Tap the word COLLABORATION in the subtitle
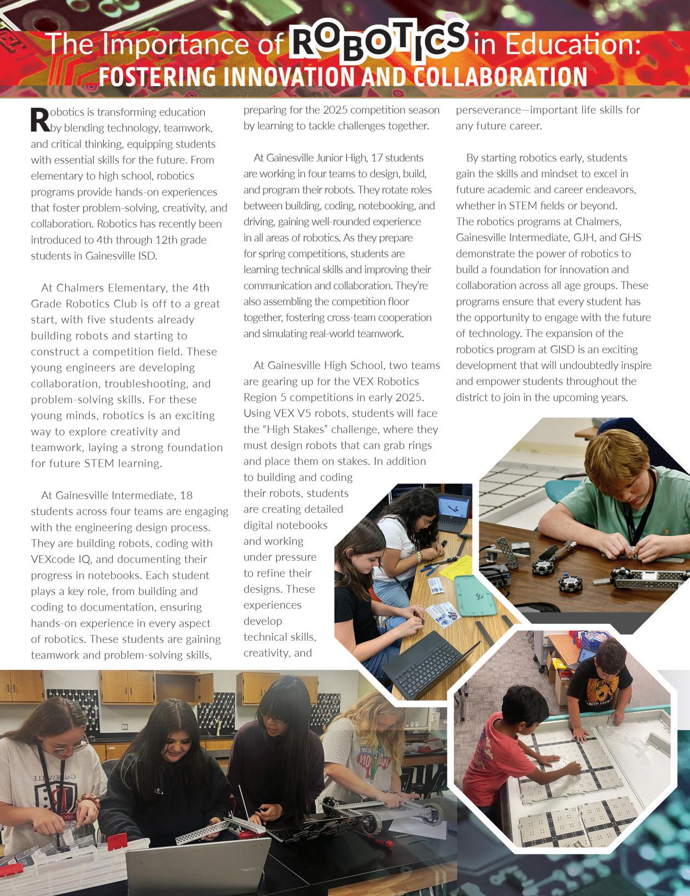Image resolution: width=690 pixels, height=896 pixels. [x=500, y=77]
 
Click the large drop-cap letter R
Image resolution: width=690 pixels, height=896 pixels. [x=39, y=120]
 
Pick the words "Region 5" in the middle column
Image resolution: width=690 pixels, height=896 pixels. [x=270, y=398]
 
